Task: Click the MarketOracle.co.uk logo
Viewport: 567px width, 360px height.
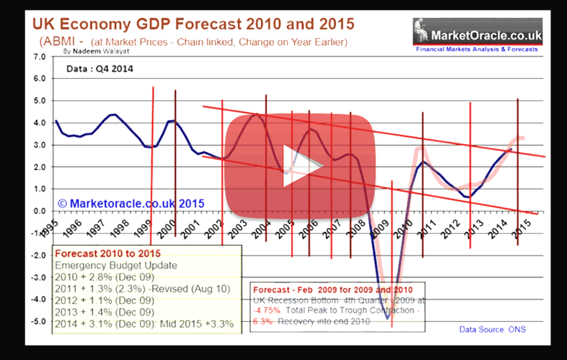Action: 477,32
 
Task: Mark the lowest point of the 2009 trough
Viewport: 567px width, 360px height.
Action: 388,317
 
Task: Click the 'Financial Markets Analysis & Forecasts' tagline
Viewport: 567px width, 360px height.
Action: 477,49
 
